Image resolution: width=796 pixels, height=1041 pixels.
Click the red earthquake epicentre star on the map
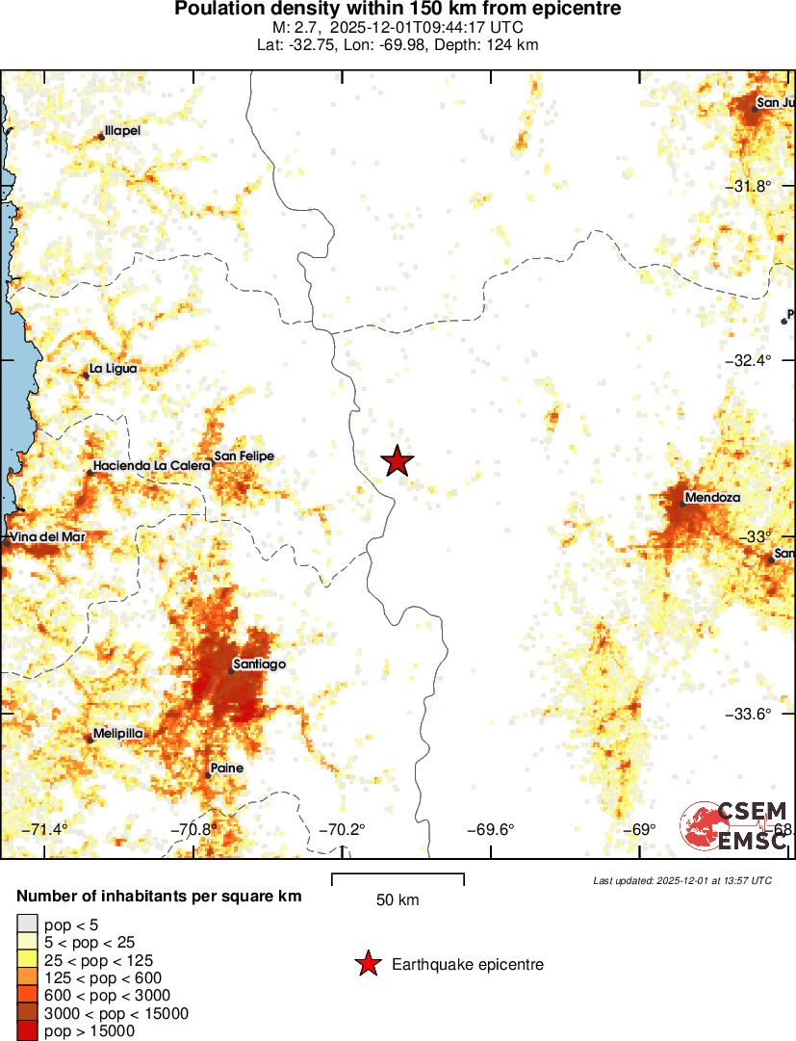pos(397,461)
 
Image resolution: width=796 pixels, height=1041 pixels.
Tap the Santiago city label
pos(259,664)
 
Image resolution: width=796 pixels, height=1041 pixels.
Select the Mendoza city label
pos(712,499)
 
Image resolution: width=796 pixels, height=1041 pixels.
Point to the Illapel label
pos(122,130)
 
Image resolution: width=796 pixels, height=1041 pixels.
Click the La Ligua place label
pos(113,368)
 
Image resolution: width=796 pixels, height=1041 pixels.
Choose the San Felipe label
pos(244,455)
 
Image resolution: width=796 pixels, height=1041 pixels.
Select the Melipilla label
pos(118,733)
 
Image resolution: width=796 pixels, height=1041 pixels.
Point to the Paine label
pos(226,768)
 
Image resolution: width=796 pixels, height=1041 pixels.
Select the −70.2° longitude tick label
pos(343,829)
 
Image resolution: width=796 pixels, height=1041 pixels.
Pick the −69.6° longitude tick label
pos(491,829)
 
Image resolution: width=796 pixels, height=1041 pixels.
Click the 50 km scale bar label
pos(398,900)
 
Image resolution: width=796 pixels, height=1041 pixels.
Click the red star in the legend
pos(367,964)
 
